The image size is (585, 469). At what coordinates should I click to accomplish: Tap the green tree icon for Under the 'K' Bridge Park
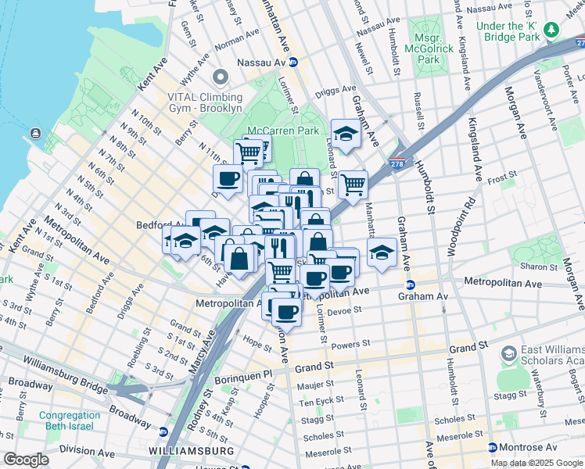pos(552,30)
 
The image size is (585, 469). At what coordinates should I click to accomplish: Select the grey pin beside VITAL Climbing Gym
pos(219,78)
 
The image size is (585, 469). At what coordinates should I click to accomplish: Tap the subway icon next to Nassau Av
pos(292,62)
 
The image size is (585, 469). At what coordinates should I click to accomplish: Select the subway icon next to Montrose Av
pos(492,448)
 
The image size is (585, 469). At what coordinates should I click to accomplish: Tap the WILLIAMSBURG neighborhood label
pos(192,452)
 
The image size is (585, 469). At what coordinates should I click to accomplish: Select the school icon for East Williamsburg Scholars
pos(508,356)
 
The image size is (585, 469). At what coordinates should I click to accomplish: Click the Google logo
pos(27,459)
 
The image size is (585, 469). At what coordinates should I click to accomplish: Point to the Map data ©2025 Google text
pos(537,463)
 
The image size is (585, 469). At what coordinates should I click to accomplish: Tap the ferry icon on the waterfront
pos(35,133)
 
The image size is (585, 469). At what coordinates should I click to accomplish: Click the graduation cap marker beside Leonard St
pos(345,134)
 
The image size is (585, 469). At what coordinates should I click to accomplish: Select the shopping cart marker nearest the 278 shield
pos(353,184)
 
